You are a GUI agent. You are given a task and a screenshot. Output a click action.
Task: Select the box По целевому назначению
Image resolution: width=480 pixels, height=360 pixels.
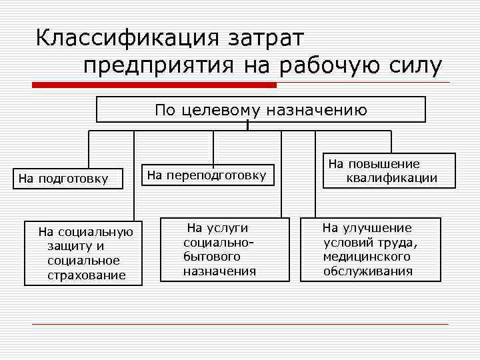pyautogui.click(x=261, y=109)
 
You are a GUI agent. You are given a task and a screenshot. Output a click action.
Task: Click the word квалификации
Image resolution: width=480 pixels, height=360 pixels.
pyautogui.click(x=391, y=178)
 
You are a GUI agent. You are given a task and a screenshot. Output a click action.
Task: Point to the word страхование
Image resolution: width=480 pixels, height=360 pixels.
pyautogui.click(x=87, y=275)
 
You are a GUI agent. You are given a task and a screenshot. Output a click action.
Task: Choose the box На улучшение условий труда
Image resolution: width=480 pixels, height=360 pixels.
pyautogui.click(x=371, y=249)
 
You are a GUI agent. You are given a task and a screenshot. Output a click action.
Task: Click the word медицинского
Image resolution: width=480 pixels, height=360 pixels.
pyautogui.click(x=367, y=257)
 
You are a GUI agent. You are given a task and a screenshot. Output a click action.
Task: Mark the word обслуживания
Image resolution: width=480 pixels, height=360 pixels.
pyautogui.click(x=368, y=271)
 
